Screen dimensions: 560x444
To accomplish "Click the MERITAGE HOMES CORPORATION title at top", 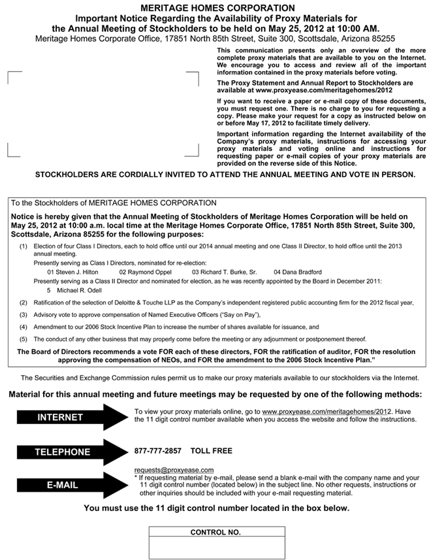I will tap(222, 7).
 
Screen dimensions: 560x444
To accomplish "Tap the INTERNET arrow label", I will tap(60, 418).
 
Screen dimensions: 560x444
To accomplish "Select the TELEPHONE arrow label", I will tap(63, 452).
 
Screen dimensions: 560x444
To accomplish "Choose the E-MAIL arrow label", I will tap(62, 486).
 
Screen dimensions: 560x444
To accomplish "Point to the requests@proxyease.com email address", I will tap(174, 470).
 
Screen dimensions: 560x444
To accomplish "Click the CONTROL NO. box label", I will tap(215, 532).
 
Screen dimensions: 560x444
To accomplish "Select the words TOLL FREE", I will tap(211, 451).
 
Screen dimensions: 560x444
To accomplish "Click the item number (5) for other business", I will tap(24, 339).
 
